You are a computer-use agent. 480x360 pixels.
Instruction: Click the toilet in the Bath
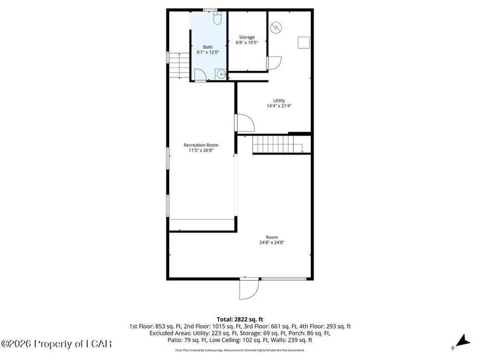tap(217, 18)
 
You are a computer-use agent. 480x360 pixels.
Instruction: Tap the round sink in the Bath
tap(221, 74)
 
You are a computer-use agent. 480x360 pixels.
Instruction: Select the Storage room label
tap(247, 37)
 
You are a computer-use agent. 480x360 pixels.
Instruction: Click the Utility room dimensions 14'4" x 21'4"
tap(279, 106)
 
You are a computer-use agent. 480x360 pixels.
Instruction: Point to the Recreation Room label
tap(201, 145)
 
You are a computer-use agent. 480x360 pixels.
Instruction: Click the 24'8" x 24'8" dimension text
tap(272, 242)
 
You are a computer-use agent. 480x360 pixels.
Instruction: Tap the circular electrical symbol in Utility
tap(276, 28)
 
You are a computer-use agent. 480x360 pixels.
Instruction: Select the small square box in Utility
tap(304, 43)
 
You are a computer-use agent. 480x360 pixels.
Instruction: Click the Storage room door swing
tap(274, 63)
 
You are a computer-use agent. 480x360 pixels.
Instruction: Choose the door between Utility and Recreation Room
tap(246, 123)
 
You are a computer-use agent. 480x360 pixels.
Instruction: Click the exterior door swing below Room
tap(249, 289)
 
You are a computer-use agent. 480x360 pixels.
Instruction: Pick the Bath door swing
tap(200, 75)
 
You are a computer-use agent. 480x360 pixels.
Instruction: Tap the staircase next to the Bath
tap(179, 65)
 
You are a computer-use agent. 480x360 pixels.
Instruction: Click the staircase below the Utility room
tap(277, 144)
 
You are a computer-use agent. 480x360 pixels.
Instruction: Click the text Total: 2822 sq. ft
tap(240, 320)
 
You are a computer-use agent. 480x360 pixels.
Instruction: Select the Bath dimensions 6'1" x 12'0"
tap(208, 52)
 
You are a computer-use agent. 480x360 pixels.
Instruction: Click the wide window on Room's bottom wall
tap(284, 278)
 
